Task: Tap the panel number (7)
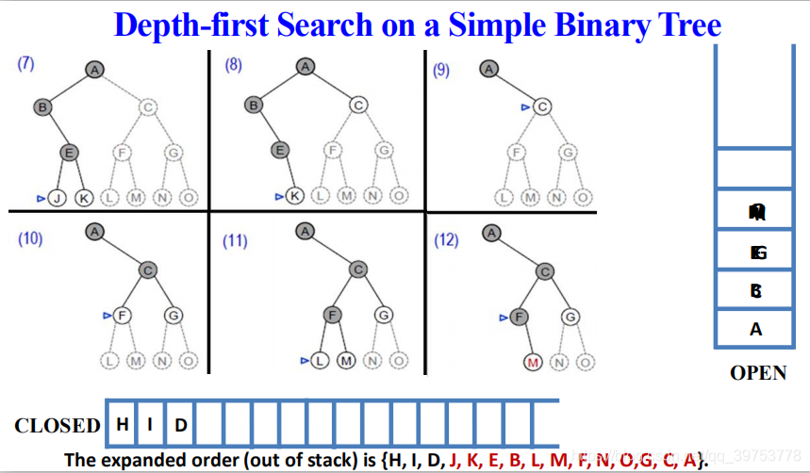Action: (25, 63)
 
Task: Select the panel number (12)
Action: (446, 240)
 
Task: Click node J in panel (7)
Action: (57, 198)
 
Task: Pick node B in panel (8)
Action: (253, 106)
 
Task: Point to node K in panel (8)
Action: (294, 196)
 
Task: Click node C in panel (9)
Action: (541, 107)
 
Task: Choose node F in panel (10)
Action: (122, 315)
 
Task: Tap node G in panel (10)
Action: (173, 315)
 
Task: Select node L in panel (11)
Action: (321, 360)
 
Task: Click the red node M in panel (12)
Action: (533, 361)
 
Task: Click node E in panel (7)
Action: (68, 152)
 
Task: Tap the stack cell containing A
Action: (755, 329)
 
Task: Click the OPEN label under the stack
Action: (758, 373)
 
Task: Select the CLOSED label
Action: (58, 426)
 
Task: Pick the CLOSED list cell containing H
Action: (123, 424)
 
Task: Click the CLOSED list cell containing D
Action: (181, 425)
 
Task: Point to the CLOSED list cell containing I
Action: (151, 424)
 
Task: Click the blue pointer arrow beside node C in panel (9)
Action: (524, 108)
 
